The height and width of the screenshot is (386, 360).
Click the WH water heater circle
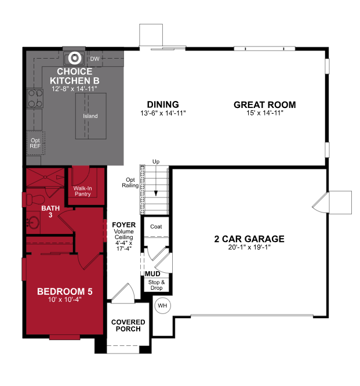click(x=162, y=305)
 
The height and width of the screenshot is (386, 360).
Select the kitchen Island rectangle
click(x=90, y=116)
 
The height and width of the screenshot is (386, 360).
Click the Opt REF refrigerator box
click(x=35, y=143)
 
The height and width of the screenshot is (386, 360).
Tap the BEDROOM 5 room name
click(x=64, y=291)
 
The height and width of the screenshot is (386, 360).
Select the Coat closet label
click(x=155, y=226)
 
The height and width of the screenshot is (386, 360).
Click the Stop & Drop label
click(x=157, y=285)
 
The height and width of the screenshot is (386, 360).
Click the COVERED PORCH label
click(x=128, y=326)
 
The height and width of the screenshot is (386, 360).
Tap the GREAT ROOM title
click(x=264, y=105)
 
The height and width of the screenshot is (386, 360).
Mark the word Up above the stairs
click(x=156, y=161)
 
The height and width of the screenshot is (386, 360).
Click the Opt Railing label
click(x=130, y=183)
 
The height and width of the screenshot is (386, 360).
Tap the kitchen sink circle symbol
click(x=74, y=58)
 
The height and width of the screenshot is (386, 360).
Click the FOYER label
click(x=123, y=223)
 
